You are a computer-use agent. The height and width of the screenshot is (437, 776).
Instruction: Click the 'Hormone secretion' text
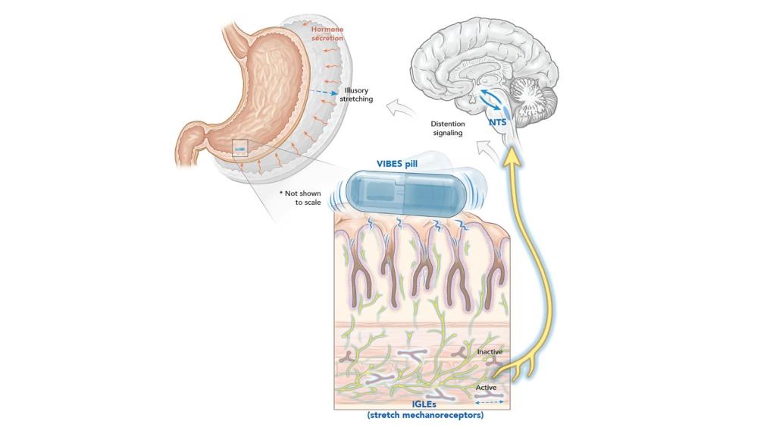(327, 33)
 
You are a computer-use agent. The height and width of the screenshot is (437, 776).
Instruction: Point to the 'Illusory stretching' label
(356, 95)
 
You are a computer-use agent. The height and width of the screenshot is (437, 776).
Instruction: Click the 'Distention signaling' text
(447, 128)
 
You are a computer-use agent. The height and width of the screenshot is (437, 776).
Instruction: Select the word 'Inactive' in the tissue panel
(490, 352)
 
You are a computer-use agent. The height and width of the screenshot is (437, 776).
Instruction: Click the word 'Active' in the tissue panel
(486, 388)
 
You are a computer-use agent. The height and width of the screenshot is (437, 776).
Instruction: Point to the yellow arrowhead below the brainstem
(515, 154)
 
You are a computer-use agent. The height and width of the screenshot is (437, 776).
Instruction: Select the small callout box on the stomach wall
(239, 148)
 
